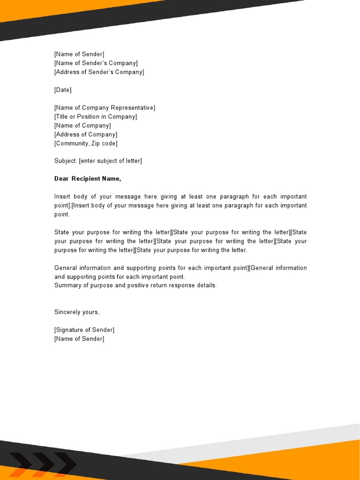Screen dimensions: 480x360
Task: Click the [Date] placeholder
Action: pos(63,90)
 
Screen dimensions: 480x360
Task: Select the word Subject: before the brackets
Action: pos(66,161)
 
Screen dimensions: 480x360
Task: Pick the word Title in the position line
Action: pos(61,117)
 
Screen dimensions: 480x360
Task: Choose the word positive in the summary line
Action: pos(139,285)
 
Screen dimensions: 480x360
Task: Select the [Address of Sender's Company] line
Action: pos(99,72)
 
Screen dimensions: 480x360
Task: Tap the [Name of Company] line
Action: pos(82,126)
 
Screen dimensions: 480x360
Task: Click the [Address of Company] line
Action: pos(86,135)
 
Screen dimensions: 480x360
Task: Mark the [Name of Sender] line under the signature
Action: pos(79,339)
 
